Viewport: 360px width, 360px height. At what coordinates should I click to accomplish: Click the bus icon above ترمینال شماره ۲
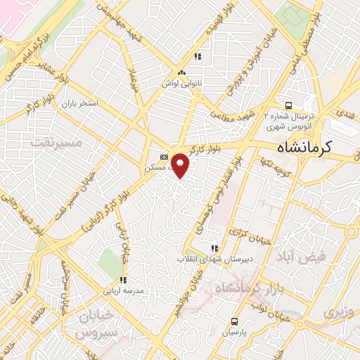point(286,101)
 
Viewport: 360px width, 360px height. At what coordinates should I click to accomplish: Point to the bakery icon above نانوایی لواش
point(181,72)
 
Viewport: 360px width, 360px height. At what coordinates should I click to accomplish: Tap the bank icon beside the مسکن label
point(164,157)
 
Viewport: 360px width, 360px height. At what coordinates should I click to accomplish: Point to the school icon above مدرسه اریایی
point(123,281)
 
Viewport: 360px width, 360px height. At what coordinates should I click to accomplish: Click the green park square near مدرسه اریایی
point(110,262)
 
